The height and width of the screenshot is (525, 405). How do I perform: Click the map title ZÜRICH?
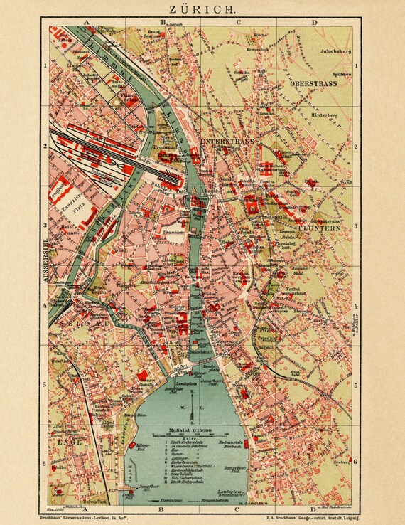coord(202,9)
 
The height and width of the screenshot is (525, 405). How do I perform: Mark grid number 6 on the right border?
coord(357,463)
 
